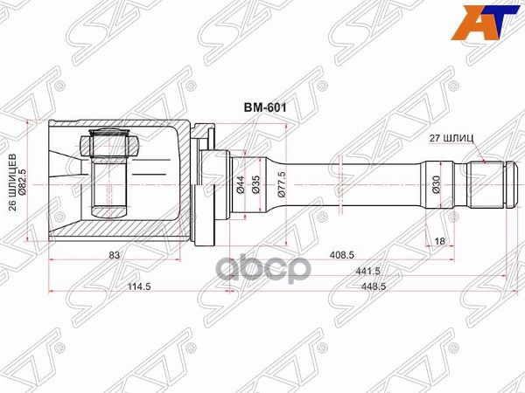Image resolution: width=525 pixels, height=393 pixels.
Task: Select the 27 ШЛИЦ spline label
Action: (456, 138)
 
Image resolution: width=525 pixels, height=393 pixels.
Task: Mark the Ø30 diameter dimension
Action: (437, 184)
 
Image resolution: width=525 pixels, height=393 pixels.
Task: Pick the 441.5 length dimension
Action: (369, 271)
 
